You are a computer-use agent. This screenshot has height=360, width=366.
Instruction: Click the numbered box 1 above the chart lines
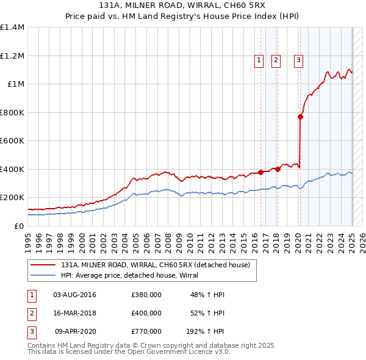click(x=259, y=60)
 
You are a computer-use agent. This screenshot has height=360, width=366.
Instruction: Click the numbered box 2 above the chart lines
click(x=276, y=60)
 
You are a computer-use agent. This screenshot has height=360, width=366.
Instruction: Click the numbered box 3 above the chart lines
click(x=298, y=60)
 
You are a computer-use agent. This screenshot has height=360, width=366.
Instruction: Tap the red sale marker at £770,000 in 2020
click(x=301, y=117)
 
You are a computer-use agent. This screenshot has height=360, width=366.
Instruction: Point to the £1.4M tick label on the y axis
click(x=12, y=27)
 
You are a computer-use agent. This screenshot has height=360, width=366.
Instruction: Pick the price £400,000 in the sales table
click(x=146, y=313)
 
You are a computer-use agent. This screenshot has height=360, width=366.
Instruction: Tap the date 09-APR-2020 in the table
click(x=75, y=331)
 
